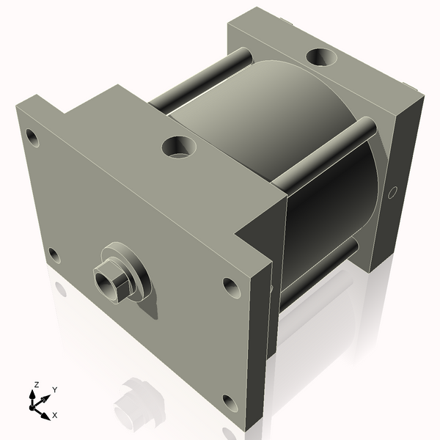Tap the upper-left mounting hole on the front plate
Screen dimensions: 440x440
pyautogui.click(x=32, y=136)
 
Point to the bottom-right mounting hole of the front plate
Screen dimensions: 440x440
pyautogui.click(x=230, y=401)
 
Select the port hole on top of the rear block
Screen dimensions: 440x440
pyautogui.click(x=322, y=56)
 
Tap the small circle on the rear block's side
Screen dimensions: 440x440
pyautogui.click(x=392, y=192)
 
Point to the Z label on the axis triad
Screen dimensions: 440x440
pyautogui.click(x=37, y=384)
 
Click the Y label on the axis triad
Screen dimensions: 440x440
pyautogui.click(x=54, y=390)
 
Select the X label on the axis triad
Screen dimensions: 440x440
pyautogui.click(x=54, y=415)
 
